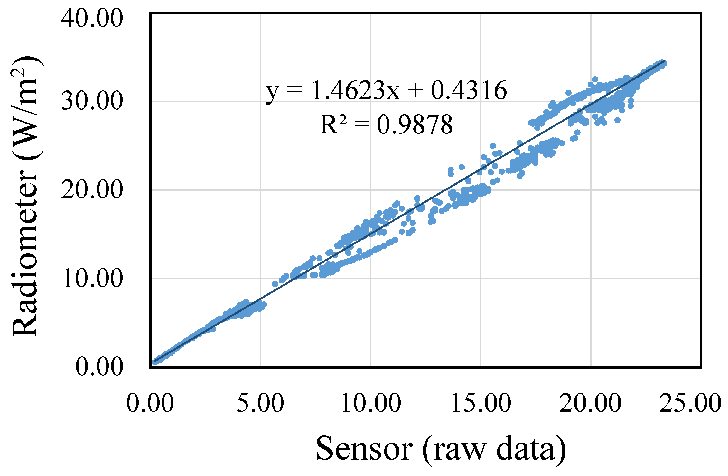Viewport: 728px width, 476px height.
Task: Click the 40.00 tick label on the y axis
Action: pyautogui.click(x=92, y=18)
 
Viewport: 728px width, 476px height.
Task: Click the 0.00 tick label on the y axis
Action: pyautogui.click(x=99, y=367)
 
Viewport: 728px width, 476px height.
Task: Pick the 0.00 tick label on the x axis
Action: pyautogui.click(x=150, y=403)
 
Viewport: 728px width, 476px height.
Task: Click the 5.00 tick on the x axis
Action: pyautogui.click(x=260, y=403)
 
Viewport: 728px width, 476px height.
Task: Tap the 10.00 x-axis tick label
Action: pyautogui.click(x=371, y=403)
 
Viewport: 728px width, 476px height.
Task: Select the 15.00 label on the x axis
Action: pyautogui.click(x=481, y=403)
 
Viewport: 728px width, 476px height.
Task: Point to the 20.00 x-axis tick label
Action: pyautogui.click(x=591, y=403)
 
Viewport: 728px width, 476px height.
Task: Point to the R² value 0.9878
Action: pyautogui.click(x=415, y=125)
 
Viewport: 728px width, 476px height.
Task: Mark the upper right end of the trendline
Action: pyautogui.click(x=664, y=62)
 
